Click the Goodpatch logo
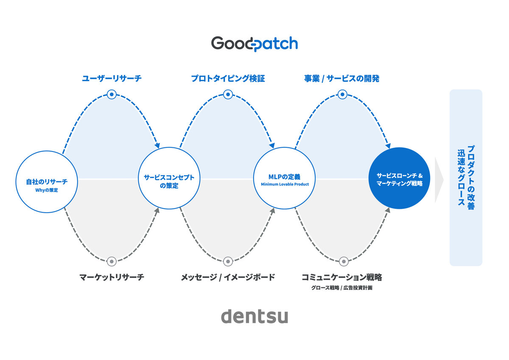point(255,44)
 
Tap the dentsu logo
point(255,316)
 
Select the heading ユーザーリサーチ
point(112,79)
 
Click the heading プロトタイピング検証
point(228,79)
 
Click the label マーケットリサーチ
point(112,278)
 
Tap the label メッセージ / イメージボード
point(228,278)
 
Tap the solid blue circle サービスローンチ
point(400,179)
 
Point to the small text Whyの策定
point(47,190)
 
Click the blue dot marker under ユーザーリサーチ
point(112,94)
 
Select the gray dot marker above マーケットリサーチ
point(112,261)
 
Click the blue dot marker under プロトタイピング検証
point(228,94)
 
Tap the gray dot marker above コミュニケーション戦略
point(343,261)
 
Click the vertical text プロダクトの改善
point(471,177)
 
